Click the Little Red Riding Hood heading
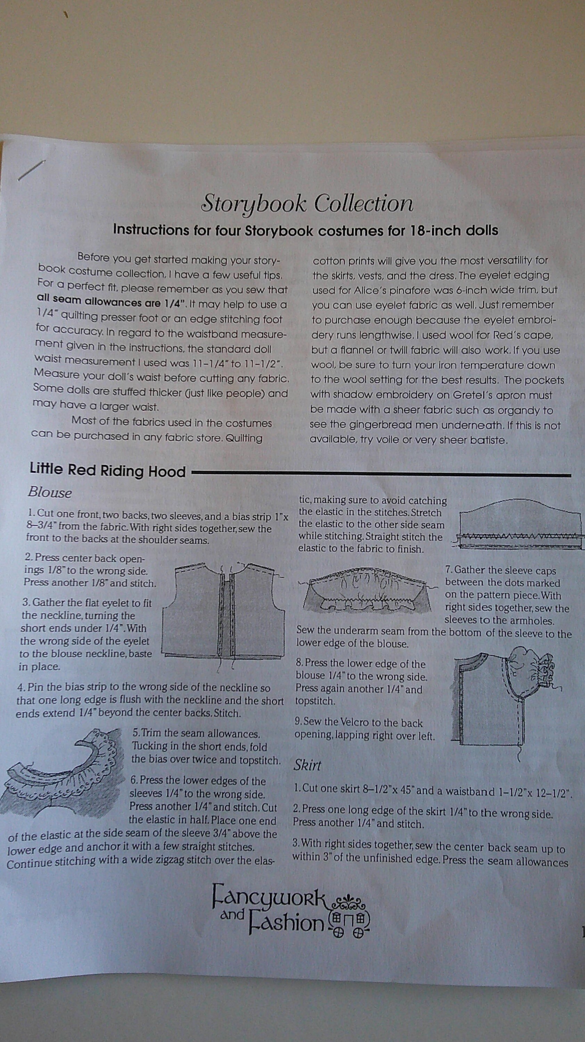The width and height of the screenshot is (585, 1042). click(x=108, y=470)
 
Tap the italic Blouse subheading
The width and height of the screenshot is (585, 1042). click(x=50, y=492)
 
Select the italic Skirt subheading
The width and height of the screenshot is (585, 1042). click(x=307, y=765)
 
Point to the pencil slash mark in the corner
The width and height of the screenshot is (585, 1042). click(x=32, y=170)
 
